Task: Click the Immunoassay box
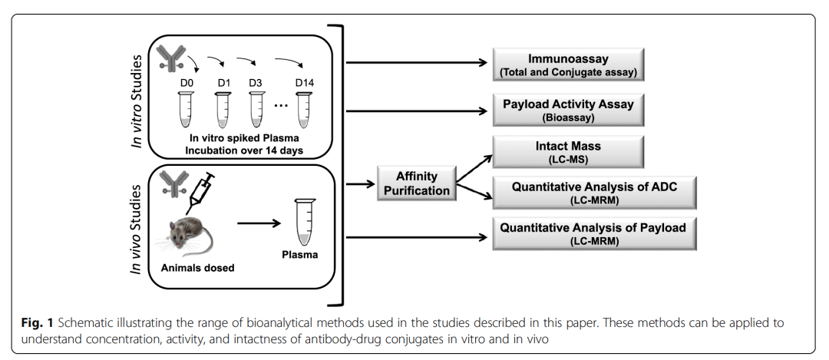[x=568, y=65]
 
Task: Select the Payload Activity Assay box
[x=568, y=110]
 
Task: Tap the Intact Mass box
[x=568, y=150]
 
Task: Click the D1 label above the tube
[x=223, y=81]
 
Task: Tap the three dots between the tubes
[x=280, y=105]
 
